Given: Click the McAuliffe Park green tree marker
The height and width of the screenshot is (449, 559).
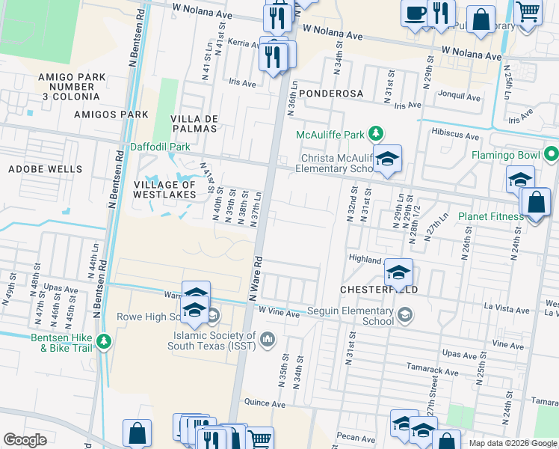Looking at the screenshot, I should click(377, 135).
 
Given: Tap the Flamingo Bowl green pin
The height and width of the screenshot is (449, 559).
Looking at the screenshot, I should click(552, 156).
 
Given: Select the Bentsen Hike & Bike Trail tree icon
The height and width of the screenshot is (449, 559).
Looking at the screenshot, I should click(103, 342).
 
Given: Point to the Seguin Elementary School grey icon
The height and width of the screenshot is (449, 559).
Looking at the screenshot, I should click(404, 316).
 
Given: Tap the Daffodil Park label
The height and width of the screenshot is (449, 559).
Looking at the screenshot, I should click(160, 147).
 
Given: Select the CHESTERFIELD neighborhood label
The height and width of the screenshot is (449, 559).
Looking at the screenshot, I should click(378, 289).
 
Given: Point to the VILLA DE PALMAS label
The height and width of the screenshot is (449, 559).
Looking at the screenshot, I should click(194, 125).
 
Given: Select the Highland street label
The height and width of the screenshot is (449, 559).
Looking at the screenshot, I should click(365, 258).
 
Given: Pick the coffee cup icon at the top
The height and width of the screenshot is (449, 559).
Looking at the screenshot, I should click(414, 13).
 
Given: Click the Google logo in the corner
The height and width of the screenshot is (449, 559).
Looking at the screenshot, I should click(25, 440).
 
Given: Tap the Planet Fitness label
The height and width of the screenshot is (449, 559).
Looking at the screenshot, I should click(490, 217).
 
